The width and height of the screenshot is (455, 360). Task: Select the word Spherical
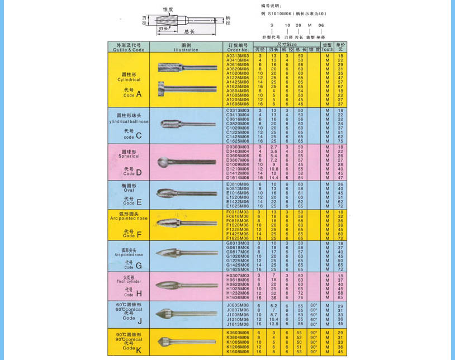(129, 156)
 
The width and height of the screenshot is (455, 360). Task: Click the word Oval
(129, 190)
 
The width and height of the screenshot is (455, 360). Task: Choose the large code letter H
(139, 293)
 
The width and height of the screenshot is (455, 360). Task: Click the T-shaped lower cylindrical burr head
(162, 89)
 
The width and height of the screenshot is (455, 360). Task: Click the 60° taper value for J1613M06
(314, 324)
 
